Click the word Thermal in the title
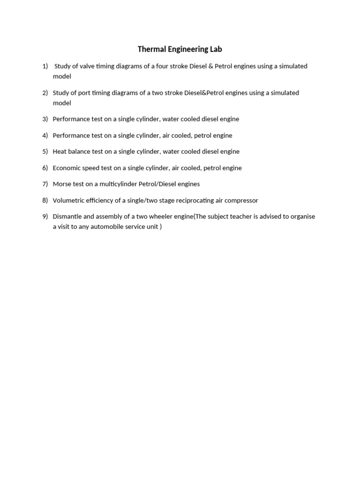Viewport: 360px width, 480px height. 149,49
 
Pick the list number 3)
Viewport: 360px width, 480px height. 45,119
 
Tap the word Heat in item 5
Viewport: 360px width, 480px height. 60,151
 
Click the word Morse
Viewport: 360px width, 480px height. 61,184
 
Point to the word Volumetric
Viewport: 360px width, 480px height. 68,200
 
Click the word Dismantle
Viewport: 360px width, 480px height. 67,217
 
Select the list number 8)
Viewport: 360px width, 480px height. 45,200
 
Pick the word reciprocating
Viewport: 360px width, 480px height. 193,200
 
